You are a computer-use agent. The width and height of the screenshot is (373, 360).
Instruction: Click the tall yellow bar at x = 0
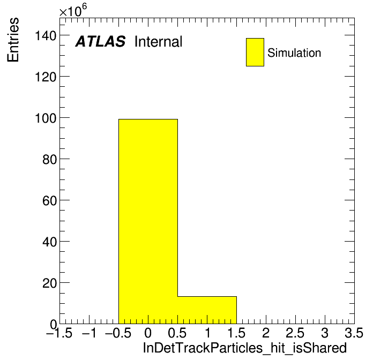tap(148, 221)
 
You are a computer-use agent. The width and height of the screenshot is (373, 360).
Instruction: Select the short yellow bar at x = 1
tap(207, 310)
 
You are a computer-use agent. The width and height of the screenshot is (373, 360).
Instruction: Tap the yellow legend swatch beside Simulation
tap(255, 52)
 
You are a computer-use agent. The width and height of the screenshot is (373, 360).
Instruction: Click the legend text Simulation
tap(294, 53)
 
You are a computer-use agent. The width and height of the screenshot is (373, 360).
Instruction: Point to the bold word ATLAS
tap(100, 41)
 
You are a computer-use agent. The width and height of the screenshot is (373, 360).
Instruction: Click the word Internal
tap(159, 41)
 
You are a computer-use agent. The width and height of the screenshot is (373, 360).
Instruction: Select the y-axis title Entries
tap(13, 40)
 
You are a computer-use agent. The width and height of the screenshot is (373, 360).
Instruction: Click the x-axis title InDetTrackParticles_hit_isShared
tap(245, 348)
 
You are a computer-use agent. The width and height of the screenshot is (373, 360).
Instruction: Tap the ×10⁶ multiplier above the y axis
tap(73, 10)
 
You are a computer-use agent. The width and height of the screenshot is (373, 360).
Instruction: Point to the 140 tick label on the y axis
tap(46, 36)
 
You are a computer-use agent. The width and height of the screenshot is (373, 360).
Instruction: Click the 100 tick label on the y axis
tap(46, 118)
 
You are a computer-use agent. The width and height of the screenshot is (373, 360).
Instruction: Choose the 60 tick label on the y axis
tap(49, 201)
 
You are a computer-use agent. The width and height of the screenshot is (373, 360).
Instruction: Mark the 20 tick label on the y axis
tap(49, 283)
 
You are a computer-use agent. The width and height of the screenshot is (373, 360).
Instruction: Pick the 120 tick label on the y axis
tap(46, 77)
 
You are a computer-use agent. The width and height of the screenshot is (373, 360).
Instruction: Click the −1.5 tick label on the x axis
tap(59, 333)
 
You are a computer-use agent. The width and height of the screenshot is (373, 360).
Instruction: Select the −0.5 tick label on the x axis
tap(118, 333)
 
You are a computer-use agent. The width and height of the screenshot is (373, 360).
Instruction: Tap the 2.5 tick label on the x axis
tap(295, 333)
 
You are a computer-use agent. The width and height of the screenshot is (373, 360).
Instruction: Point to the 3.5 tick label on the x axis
tap(354, 333)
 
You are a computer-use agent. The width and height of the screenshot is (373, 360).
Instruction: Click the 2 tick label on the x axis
tap(266, 333)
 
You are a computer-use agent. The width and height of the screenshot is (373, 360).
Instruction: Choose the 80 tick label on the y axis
tap(49, 160)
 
